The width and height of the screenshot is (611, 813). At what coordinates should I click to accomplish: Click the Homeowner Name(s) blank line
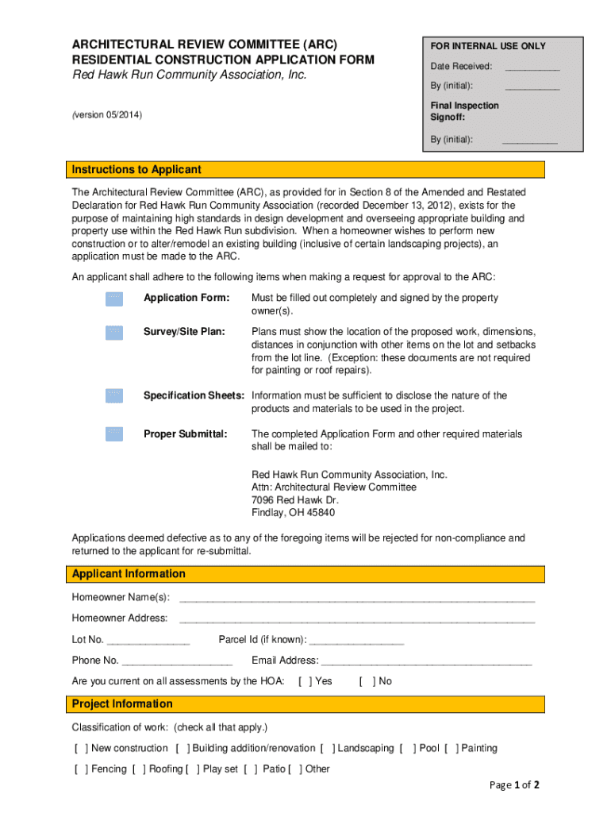point(357,598)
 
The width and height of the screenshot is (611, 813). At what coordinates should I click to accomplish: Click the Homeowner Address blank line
point(357,619)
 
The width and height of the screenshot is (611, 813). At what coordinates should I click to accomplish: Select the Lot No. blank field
point(148,641)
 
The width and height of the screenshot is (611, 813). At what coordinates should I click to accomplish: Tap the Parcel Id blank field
point(356,641)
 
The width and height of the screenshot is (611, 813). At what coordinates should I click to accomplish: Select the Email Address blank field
point(426,661)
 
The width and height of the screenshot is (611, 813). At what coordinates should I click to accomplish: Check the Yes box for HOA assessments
point(305,681)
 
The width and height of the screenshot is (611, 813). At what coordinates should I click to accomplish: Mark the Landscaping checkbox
point(327,748)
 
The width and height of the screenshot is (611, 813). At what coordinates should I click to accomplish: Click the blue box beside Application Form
point(114,299)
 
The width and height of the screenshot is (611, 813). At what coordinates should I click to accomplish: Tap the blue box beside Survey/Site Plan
point(114,332)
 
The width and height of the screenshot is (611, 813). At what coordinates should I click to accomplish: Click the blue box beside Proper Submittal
point(114,433)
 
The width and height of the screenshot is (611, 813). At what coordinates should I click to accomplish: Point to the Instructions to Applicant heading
point(136,170)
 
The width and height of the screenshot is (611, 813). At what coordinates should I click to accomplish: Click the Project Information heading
point(122,704)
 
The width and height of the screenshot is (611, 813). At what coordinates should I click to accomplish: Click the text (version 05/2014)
point(107,115)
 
